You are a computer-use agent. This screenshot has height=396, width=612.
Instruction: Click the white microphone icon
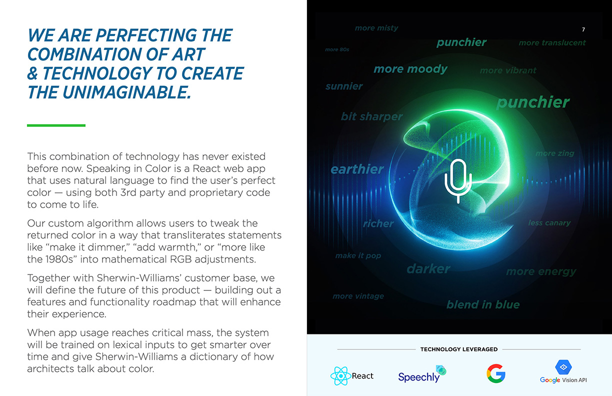pyautogui.click(x=458, y=181)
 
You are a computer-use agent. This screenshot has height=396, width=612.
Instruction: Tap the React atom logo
pyautogui.click(x=340, y=376)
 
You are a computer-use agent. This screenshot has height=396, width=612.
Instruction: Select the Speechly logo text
pyautogui.click(x=419, y=377)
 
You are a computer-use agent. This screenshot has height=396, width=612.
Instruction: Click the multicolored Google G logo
pyautogui.click(x=496, y=373)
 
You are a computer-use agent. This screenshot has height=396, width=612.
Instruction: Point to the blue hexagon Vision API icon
pyautogui.click(x=563, y=367)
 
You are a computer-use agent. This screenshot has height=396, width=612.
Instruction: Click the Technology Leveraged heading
pyautogui.click(x=459, y=349)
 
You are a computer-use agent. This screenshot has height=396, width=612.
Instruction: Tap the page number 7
pyautogui.click(x=583, y=29)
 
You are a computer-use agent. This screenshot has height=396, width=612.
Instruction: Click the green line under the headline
pyautogui.click(x=56, y=125)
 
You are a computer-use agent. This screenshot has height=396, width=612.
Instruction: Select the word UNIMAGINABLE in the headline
pyautogui.click(x=126, y=92)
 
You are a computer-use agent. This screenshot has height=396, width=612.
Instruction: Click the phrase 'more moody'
pyautogui.click(x=410, y=69)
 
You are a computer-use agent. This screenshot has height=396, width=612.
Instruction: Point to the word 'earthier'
pyautogui.click(x=357, y=169)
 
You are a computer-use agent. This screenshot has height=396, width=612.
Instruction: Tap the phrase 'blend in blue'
pyautogui.click(x=483, y=304)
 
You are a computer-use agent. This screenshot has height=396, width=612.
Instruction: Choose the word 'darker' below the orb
pyautogui.click(x=428, y=269)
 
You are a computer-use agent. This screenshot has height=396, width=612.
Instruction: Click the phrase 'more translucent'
pyautogui.click(x=552, y=42)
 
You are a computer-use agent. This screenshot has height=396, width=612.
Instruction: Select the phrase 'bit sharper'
pyautogui.click(x=371, y=116)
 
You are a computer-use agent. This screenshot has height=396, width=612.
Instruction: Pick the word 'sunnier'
pyautogui.click(x=344, y=86)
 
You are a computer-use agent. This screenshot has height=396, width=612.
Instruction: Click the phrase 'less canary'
pyautogui.click(x=549, y=222)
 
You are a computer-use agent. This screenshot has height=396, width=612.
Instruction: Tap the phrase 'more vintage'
pyautogui.click(x=358, y=296)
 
